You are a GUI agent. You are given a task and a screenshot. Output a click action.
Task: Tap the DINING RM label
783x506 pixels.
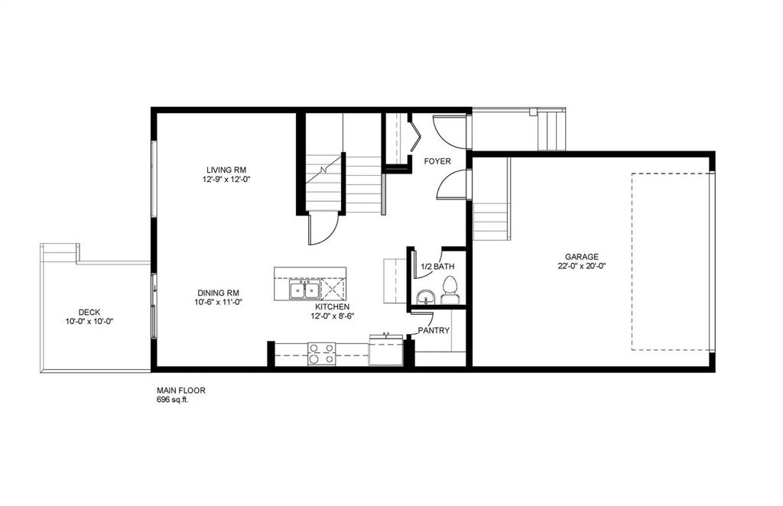click(218, 293)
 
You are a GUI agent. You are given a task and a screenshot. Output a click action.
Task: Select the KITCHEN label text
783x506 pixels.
click(333, 307)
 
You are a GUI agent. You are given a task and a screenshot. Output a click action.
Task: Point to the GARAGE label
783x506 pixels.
click(582, 257)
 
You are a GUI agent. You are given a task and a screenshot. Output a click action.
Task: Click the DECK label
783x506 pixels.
click(89, 313)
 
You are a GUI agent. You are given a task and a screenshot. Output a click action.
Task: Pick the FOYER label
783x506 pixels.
click(437, 162)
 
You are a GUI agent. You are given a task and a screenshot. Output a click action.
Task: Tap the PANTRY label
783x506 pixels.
click(434, 330)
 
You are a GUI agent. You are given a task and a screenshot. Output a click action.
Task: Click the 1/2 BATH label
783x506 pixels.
click(437, 267)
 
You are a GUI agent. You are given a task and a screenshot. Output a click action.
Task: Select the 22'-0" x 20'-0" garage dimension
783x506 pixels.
click(582, 266)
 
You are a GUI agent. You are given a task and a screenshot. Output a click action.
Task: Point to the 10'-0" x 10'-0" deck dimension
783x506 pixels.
click(89, 321)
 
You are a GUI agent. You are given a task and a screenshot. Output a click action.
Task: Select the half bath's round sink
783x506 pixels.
click(426, 298)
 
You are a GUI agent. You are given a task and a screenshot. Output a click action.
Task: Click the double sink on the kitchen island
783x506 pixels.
click(304, 290)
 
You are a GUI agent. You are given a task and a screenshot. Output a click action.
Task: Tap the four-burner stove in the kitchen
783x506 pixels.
click(321, 354)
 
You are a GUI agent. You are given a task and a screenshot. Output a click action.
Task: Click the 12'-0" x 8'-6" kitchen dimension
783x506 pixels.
click(333, 316)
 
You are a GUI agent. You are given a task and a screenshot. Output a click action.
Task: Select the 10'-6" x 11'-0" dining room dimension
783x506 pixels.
click(218, 302)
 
